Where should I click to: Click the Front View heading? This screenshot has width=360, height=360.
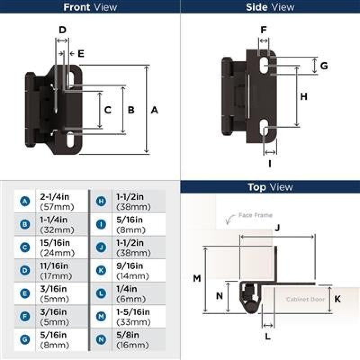pos(90,7)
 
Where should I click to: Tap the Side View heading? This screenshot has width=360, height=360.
pos(270,7)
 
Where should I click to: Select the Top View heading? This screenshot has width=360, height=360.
pos(270,187)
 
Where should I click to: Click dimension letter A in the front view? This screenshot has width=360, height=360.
pos(154,110)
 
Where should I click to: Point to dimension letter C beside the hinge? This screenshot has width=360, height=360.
pos(108,110)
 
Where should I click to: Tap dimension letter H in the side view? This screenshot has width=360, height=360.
pos(304,97)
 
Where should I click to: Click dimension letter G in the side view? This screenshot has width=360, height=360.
pos(324,66)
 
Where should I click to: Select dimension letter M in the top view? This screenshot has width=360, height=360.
pos(197,278)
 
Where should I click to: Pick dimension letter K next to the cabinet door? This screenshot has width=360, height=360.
pos(337,299)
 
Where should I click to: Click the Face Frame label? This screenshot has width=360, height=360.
pos(255,215)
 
